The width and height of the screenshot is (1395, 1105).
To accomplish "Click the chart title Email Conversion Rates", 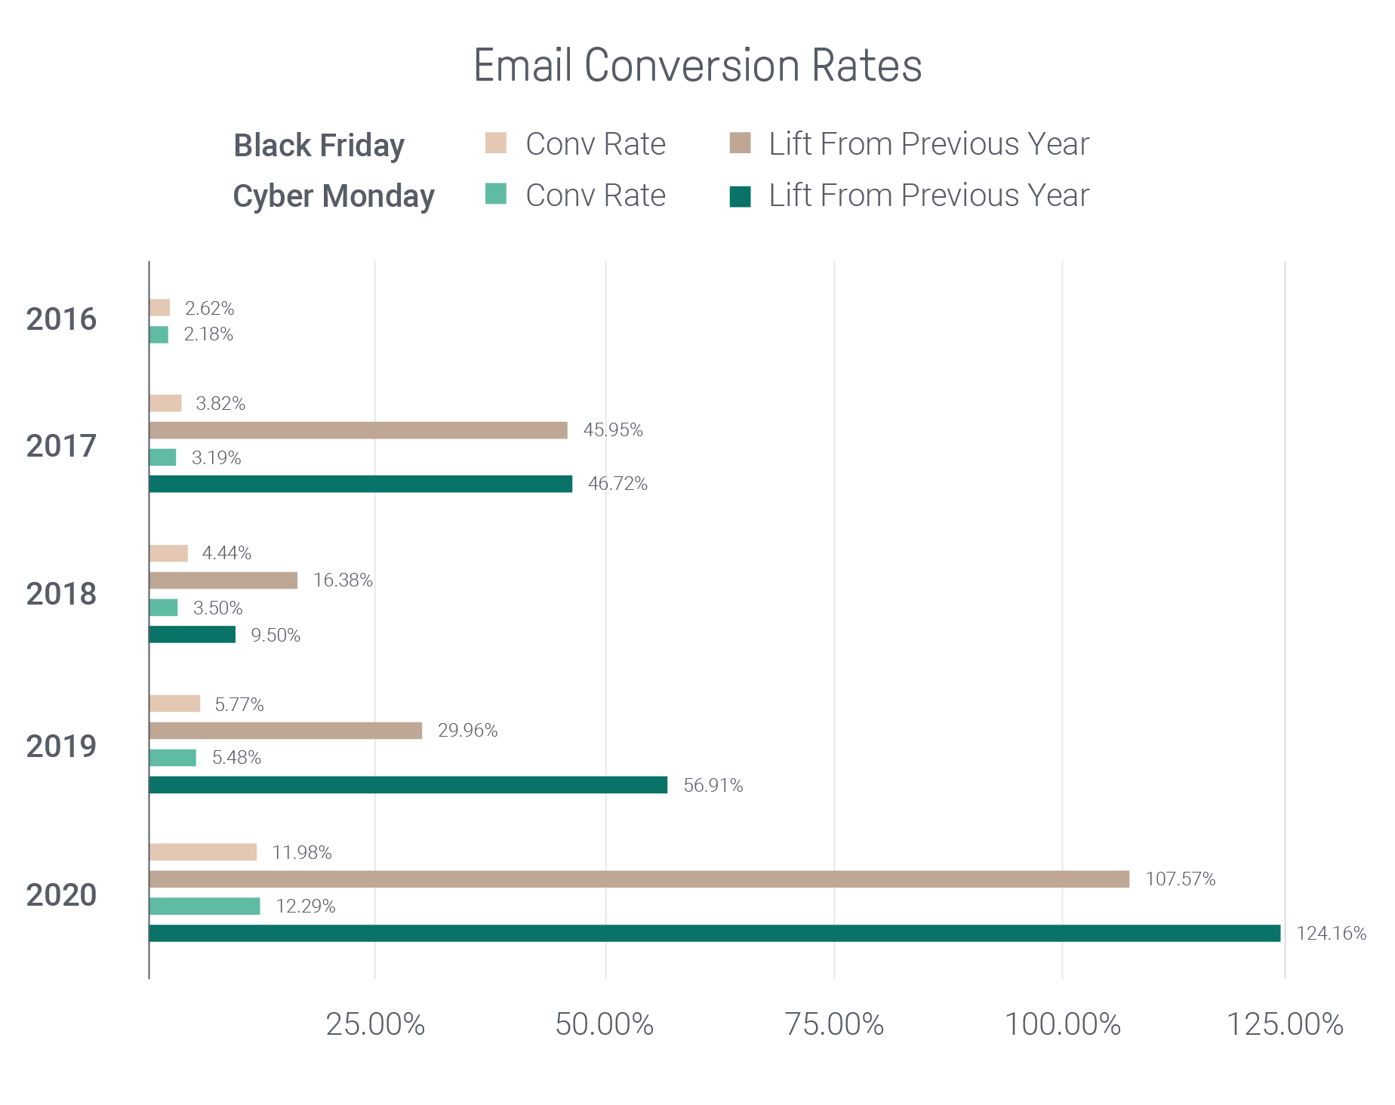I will (x=697, y=66).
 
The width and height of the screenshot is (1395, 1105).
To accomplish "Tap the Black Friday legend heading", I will (x=319, y=146).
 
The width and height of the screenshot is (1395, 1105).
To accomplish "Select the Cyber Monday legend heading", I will (x=333, y=196).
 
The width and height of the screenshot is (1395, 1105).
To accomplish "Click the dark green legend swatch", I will (x=740, y=196).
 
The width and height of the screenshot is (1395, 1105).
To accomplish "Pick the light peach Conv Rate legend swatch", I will (x=495, y=143).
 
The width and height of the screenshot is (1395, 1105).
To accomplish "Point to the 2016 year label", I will (x=61, y=320).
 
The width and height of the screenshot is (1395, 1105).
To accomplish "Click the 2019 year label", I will (x=61, y=747).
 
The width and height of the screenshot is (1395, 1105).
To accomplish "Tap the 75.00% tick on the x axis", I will (x=834, y=1024).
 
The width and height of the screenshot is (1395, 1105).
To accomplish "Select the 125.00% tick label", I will (x=1284, y=1024).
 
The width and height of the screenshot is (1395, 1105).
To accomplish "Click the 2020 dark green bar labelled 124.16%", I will (x=714, y=933).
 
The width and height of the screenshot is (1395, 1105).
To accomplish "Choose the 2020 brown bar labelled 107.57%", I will (x=639, y=879).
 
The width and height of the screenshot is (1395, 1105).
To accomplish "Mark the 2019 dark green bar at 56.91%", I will (x=408, y=785).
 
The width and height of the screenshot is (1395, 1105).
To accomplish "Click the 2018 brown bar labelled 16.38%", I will (x=223, y=580).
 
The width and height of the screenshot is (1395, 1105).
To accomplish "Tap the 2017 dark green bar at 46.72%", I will (x=360, y=484).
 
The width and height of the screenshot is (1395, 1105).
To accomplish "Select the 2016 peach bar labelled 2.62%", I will (x=159, y=307).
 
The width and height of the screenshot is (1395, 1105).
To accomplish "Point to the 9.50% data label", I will (x=276, y=636).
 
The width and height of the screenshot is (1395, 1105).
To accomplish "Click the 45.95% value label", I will (x=613, y=430).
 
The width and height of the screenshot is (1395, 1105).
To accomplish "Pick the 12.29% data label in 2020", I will (x=305, y=906).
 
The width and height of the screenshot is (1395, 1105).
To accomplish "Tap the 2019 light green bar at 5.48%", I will (x=172, y=758).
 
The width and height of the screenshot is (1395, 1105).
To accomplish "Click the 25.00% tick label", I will (x=375, y=1024).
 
